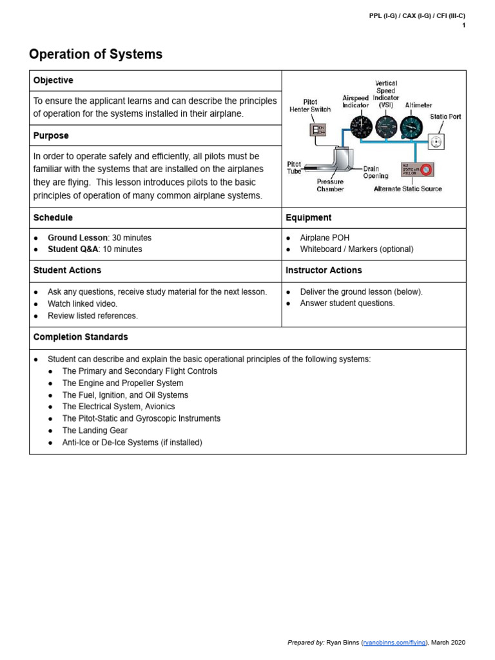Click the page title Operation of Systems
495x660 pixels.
coord(96,55)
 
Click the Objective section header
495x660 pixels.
coord(53,81)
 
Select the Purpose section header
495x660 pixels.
coord(51,136)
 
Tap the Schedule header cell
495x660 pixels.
coord(53,218)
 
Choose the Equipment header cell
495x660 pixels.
coord(309,218)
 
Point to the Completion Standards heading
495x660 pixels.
coord(81,337)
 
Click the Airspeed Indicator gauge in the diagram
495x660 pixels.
coord(361,126)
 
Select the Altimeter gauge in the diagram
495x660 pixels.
coord(411,126)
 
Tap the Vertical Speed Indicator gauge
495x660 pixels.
coord(386,126)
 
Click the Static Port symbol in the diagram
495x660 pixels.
coord(436,141)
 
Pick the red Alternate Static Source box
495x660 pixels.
coord(417,170)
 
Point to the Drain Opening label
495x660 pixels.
coord(375,172)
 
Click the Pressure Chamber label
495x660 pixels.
coord(330,186)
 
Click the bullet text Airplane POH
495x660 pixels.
coord(325,238)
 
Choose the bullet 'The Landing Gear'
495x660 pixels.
coord(95,431)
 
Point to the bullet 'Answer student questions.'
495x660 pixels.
coord(347,304)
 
